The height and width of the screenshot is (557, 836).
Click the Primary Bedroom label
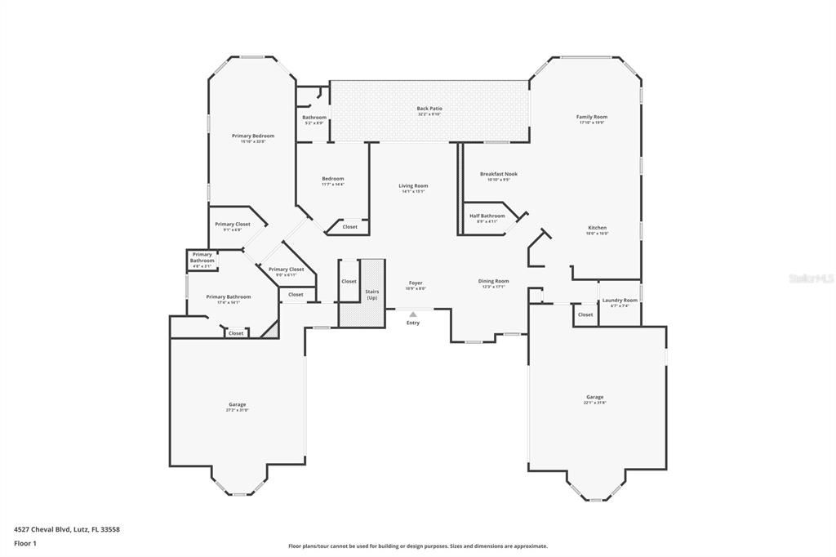click(x=252, y=136)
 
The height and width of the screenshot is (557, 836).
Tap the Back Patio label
click(x=429, y=109)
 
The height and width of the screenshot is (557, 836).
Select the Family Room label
click(x=592, y=117)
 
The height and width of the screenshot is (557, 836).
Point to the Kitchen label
click(x=598, y=228)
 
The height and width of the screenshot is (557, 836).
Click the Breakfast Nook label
click(x=498, y=174)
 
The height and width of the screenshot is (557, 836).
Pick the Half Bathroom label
click(x=487, y=216)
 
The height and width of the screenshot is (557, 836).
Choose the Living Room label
click(x=413, y=186)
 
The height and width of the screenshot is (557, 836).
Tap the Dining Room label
click(x=493, y=281)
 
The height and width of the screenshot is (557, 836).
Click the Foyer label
click(x=416, y=283)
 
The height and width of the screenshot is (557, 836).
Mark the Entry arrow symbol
click(x=413, y=314)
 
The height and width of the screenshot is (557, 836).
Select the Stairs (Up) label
click(x=372, y=294)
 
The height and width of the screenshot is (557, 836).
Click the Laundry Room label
click(x=620, y=301)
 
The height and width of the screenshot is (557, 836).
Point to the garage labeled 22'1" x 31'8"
click(x=594, y=398)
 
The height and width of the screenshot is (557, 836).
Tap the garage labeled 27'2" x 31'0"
click(x=237, y=404)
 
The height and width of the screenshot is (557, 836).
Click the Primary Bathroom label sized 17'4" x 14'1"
click(x=229, y=297)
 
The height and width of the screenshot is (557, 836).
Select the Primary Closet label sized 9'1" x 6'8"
click(x=232, y=225)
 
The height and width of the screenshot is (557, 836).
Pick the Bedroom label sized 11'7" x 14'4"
click(x=332, y=179)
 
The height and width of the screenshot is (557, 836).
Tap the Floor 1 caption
click(x=25, y=543)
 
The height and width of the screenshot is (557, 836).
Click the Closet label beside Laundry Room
click(x=585, y=314)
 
